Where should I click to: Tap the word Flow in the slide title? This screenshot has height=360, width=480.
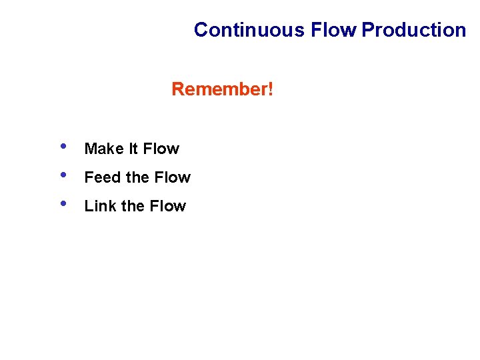[x=334, y=30]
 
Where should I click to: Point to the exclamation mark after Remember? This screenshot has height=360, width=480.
[x=270, y=89]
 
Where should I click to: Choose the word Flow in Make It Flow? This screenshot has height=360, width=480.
[x=161, y=149]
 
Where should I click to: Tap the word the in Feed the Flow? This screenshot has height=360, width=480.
[x=137, y=177]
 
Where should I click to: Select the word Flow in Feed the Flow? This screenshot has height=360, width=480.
[x=172, y=177]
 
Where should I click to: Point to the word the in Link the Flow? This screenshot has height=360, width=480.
[x=133, y=206]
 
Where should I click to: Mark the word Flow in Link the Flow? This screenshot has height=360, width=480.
[x=167, y=206]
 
